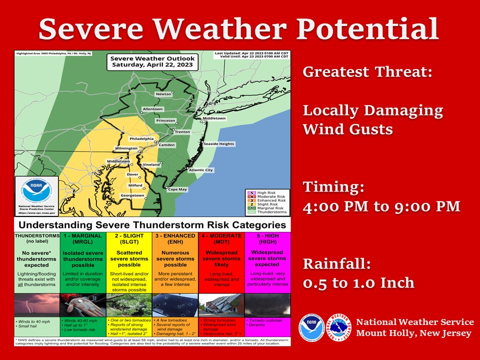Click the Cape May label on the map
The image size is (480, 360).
click(x=177, y=189)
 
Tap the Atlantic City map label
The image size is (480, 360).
click(x=200, y=170)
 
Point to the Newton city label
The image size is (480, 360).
click(x=163, y=94)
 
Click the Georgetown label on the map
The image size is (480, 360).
click(x=131, y=195)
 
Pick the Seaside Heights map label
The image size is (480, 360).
click(x=218, y=144)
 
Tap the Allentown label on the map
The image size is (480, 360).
click(x=152, y=108)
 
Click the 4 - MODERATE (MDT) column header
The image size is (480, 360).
click(x=221, y=238)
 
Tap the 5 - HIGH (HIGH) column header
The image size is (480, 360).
click(x=267, y=238)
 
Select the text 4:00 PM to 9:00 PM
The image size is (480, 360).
click(x=381, y=206)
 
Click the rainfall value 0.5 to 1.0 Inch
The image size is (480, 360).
click(x=358, y=282)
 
